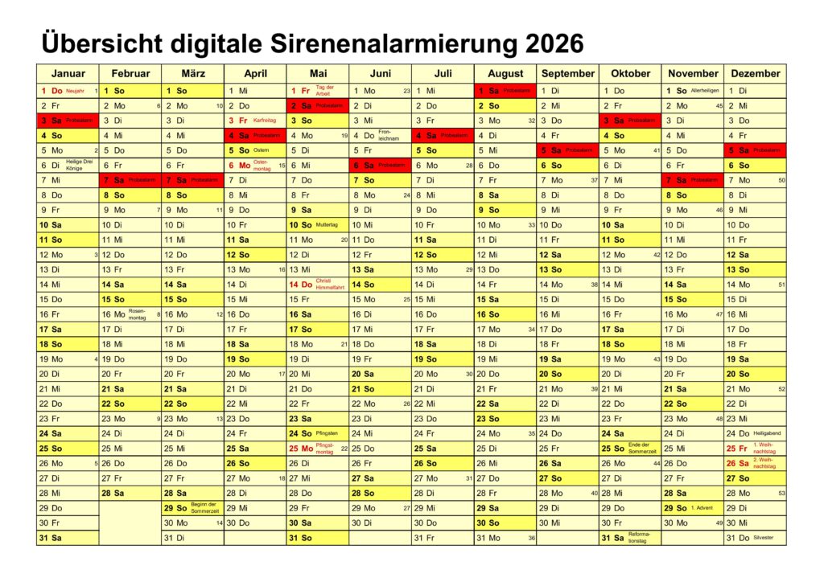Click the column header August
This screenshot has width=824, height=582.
(x=505, y=73)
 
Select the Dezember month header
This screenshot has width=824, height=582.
(x=755, y=73)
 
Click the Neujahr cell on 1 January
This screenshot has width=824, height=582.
(x=68, y=91)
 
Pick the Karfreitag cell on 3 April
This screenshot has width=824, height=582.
(x=255, y=121)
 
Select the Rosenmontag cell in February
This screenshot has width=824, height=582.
(x=130, y=314)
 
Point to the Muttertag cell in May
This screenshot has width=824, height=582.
(x=317, y=225)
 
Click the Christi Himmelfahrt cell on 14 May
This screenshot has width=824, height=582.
(x=317, y=285)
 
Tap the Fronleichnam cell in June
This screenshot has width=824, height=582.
(x=380, y=136)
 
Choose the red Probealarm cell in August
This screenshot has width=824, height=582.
(x=505, y=91)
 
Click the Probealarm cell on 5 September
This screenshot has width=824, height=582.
(x=568, y=150)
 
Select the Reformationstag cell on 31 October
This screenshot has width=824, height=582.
(x=630, y=538)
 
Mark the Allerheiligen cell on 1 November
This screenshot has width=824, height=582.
(x=692, y=91)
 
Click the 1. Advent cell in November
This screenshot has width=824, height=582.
(x=692, y=508)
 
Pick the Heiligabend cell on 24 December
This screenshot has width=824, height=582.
(x=755, y=433)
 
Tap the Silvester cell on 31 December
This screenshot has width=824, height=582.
(x=755, y=538)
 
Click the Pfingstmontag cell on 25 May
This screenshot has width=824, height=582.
(x=317, y=449)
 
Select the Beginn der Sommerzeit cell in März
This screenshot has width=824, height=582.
(x=192, y=508)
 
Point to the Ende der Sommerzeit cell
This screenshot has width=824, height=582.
(x=630, y=449)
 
